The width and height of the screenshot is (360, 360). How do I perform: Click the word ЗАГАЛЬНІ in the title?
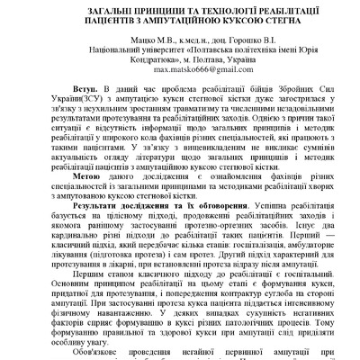pyautogui.click(x=82, y=8)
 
